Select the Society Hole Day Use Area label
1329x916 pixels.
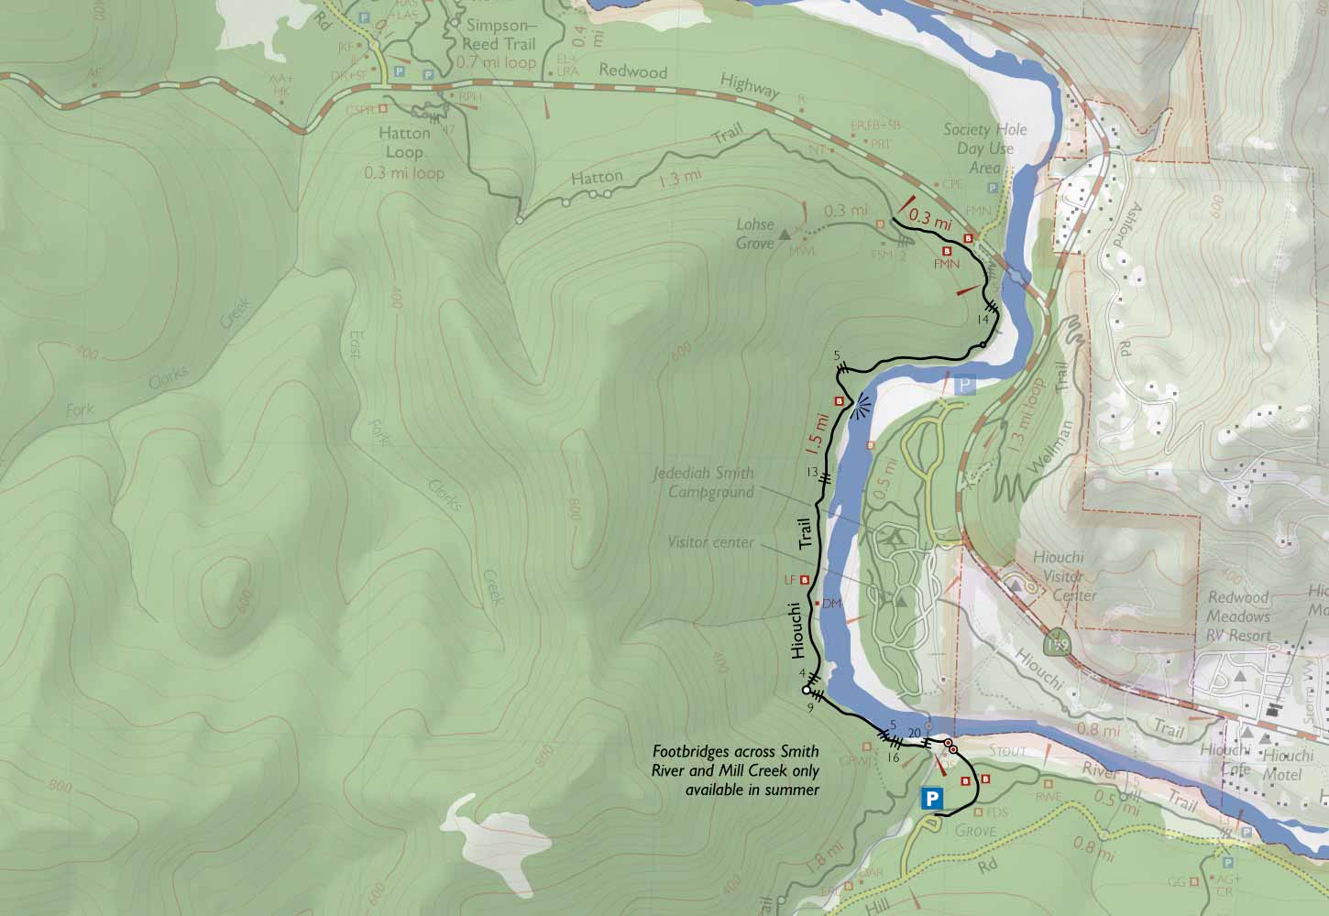pyautogui.click(x=985, y=148)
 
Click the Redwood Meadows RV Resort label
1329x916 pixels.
pyautogui.click(x=1238, y=616)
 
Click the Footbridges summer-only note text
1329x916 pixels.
pyautogui.click(x=734, y=770)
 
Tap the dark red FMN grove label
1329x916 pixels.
pyautogui.click(x=946, y=263)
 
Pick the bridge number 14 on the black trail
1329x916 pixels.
pyautogui.click(x=983, y=319)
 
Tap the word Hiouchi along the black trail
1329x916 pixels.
pyautogui.click(x=797, y=631)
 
